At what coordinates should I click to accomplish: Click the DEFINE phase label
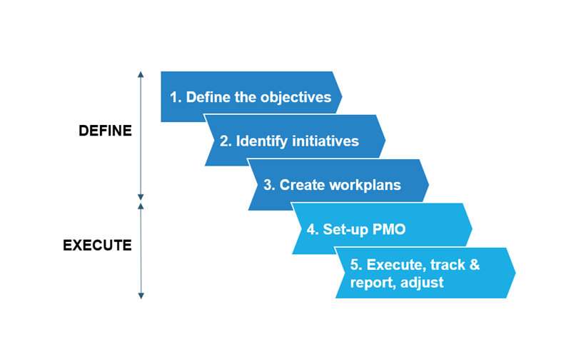tap(105, 131)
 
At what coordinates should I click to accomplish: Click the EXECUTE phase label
tap(98, 246)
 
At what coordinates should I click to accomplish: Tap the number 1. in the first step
tap(176, 97)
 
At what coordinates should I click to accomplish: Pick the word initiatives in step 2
tap(325, 141)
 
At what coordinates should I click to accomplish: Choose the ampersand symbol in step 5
tap(474, 265)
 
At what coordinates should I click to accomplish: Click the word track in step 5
tap(447, 265)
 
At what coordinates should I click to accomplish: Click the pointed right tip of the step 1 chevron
tap(341, 96)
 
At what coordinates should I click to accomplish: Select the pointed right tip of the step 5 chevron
tap(515, 273)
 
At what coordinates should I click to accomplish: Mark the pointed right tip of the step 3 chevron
tap(428, 185)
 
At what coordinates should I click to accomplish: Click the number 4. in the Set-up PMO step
tap(312, 229)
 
